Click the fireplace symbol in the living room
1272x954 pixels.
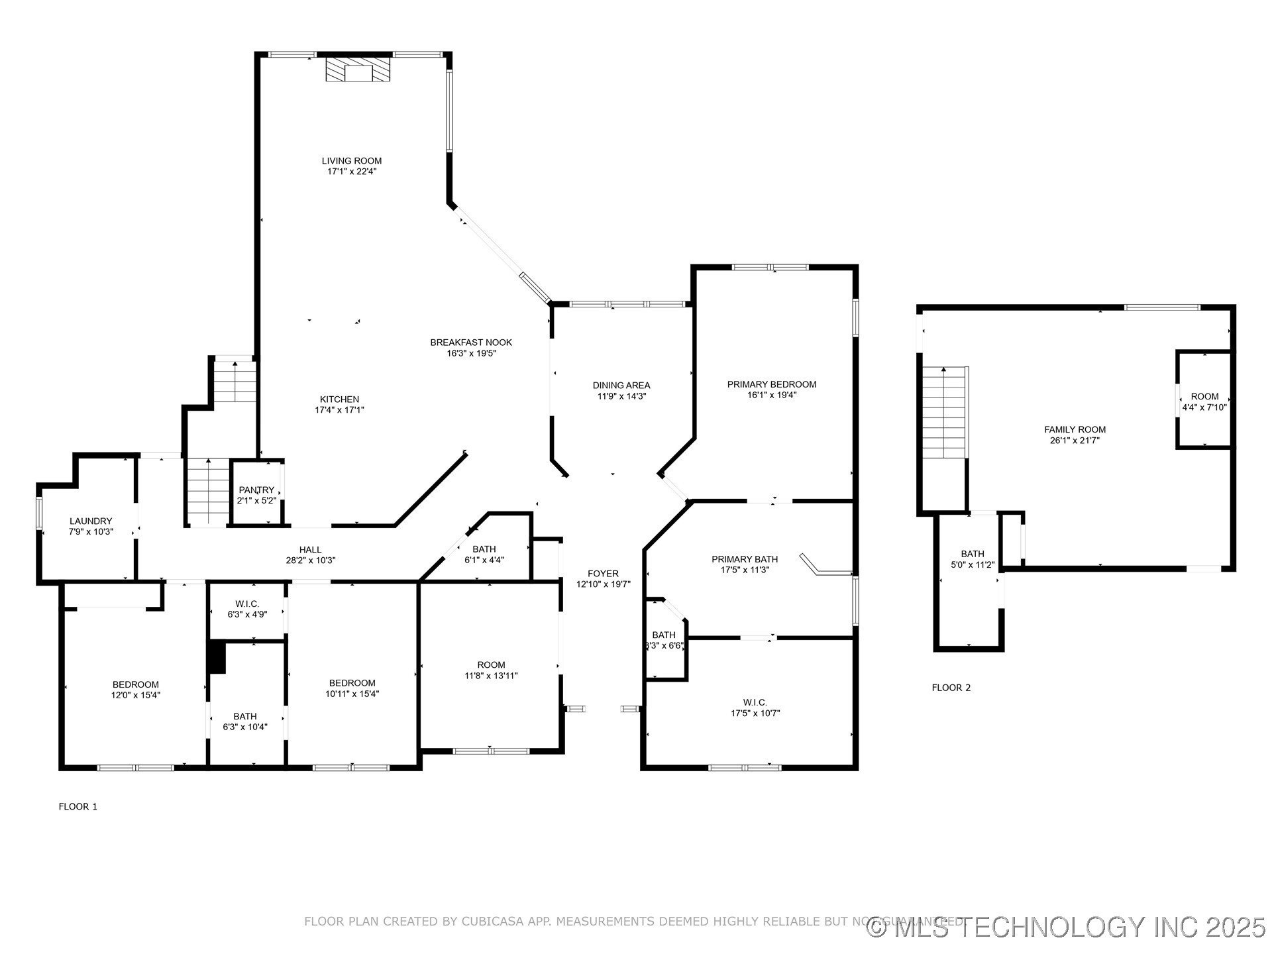coord(358,70)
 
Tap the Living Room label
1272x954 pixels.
coord(352,161)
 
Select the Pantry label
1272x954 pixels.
coord(256,490)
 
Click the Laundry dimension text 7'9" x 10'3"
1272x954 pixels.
coord(91,532)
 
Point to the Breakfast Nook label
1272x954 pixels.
coord(471,343)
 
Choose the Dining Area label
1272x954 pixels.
coord(621,386)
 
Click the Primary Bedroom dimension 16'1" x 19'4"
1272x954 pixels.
coord(772,396)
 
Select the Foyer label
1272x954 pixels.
coord(603,574)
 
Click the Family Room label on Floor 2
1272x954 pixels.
coord(1075,430)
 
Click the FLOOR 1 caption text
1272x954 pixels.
coord(78,807)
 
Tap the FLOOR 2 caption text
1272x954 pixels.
coord(951,688)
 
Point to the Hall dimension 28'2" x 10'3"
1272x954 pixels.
coord(311,560)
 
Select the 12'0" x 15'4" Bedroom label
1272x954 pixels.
coord(136,685)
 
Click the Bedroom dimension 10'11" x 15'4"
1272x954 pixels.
coord(352,694)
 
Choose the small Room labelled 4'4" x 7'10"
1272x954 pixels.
coord(1204,401)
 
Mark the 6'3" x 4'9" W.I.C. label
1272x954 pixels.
coord(247,604)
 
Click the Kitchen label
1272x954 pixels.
coord(339,399)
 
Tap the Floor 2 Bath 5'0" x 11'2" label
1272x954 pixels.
coord(972,555)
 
